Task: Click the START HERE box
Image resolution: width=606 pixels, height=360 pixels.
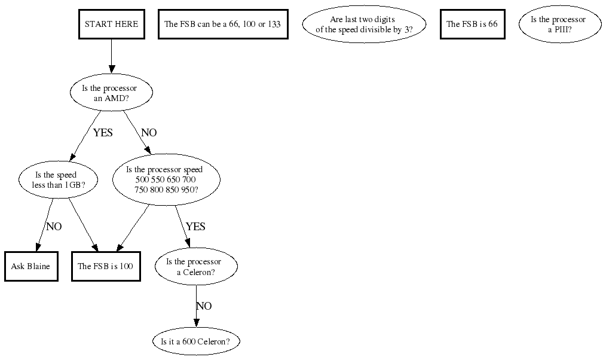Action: click(x=111, y=25)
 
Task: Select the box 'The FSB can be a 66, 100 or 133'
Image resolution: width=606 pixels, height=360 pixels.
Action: click(x=223, y=25)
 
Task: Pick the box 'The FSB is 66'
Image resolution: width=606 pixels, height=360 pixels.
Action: click(x=472, y=25)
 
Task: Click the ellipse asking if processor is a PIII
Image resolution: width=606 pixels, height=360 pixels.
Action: click(x=559, y=25)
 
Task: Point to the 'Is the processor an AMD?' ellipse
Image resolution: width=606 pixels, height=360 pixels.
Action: click(x=111, y=93)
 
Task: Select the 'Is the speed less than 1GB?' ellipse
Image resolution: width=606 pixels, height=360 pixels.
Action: click(x=57, y=180)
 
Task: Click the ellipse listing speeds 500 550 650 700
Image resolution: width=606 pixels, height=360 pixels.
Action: click(x=166, y=180)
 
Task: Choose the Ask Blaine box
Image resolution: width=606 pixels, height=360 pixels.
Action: click(x=31, y=267)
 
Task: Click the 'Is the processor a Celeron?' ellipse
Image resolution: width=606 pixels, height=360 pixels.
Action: click(x=196, y=267)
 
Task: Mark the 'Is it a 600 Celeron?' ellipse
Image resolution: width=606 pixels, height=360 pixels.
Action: click(x=196, y=342)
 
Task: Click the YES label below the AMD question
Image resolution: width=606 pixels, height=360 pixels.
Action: click(x=103, y=133)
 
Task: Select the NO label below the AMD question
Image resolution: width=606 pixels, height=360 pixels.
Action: click(x=148, y=133)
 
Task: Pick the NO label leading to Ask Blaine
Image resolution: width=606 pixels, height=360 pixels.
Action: click(x=54, y=227)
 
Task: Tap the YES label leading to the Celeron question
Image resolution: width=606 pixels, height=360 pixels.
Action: click(x=195, y=227)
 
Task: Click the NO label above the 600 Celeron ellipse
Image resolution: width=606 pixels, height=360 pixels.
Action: click(x=204, y=306)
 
